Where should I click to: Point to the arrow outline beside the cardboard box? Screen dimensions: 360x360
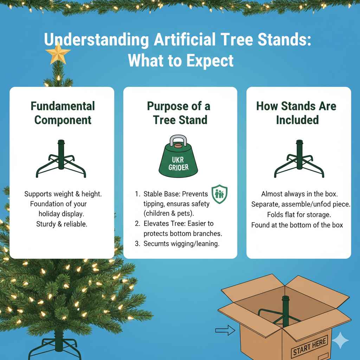[x=225, y=330]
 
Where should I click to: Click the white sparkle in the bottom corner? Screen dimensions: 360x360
[x=340, y=340]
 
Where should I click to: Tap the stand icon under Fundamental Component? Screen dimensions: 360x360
[x=61, y=159]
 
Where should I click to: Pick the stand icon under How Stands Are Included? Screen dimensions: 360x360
[x=299, y=159]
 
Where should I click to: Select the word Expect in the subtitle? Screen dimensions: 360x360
[x=212, y=60]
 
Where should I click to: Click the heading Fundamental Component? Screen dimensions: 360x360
[x=63, y=113]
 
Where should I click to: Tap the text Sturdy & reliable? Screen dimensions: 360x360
[x=62, y=224]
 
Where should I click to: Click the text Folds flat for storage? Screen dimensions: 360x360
[x=299, y=214]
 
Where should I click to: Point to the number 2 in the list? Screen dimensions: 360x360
[x=137, y=224]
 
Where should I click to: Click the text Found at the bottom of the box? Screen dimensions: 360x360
[x=297, y=225]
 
